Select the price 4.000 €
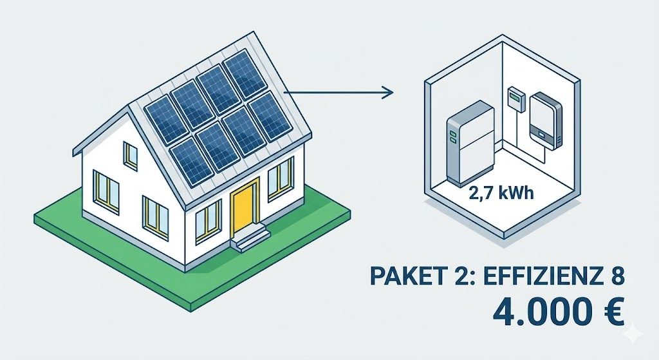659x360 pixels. click(558, 314)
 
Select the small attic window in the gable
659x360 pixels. click(130, 155)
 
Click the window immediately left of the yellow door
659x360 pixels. click(207, 220)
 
